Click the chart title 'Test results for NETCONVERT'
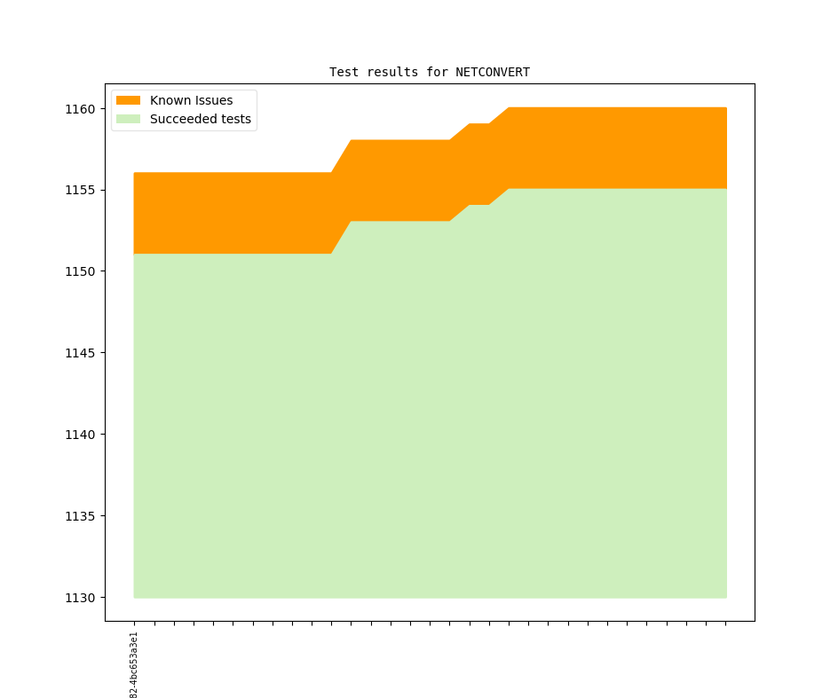pos(429,72)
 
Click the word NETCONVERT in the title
pos(493,72)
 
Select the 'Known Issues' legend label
pos(191,100)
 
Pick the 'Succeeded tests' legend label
pos(200,119)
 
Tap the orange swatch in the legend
pos(128,100)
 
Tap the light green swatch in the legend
pos(128,119)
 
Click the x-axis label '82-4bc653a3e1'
pos(134,665)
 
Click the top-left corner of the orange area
pos(135,174)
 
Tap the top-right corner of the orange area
pos(725,109)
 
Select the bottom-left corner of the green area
pos(135,596)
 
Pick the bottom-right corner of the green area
pos(725,596)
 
